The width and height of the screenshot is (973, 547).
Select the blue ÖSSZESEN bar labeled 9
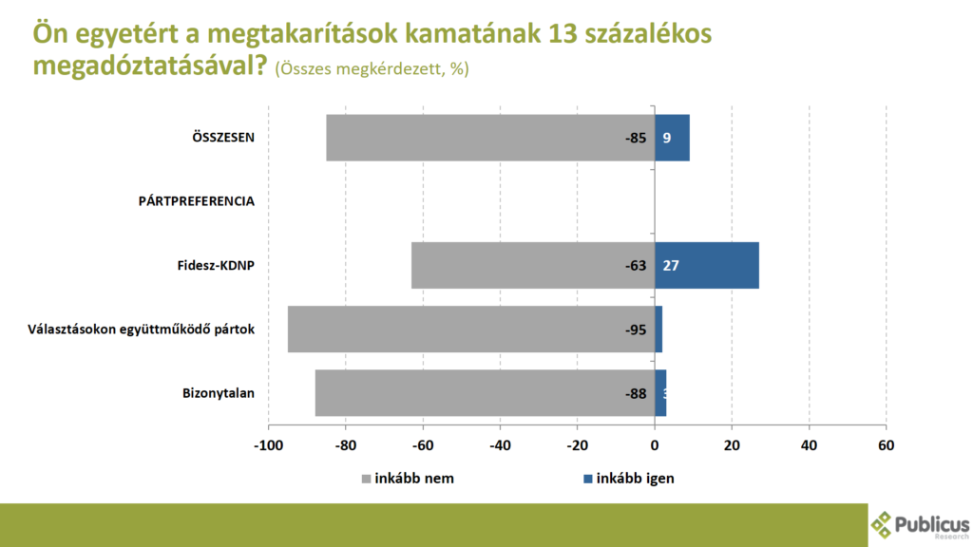tap(672, 138)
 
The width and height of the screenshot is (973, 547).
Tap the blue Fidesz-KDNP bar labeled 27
tap(707, 265)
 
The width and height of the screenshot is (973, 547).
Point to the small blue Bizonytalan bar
tap(660, 393)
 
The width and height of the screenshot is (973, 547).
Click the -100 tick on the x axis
tap(268, 444)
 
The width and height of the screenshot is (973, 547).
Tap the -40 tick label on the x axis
tap(500, 444)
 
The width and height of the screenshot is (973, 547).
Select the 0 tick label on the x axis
tap(655, 444)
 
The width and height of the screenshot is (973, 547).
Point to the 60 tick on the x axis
tap(886, 444)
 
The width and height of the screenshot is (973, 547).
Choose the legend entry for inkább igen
tap(628, 479)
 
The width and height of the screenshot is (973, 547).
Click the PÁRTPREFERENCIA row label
tap(197, 201)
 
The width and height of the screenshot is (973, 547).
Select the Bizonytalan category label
tap(219, 393)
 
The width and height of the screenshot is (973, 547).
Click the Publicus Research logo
tap(919, 524)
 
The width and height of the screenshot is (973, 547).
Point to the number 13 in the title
tap(567, 34)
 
